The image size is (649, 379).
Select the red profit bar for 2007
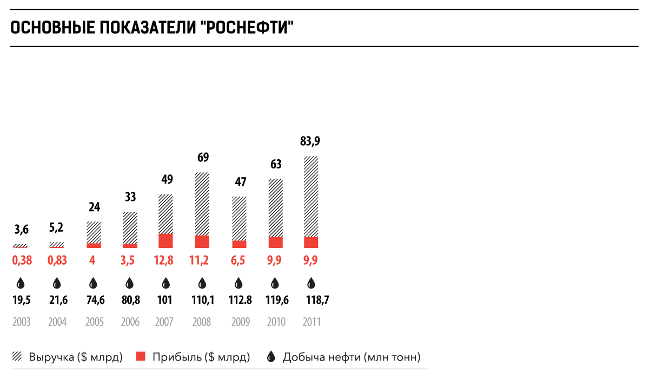(165, 241)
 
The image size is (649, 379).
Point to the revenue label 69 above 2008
(203, 158)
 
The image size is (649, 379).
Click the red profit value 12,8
(165, 260)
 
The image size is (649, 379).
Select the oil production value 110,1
(203, 300)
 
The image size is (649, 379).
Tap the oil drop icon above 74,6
(93, 283)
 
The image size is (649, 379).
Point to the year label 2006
(130, 322)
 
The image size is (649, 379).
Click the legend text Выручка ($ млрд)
(76, 357)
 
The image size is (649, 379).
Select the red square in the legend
(141, 357)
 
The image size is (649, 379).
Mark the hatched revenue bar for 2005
(94, 232)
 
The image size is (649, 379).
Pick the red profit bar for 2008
(202, 242)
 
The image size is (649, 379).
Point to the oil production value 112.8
(239, 300)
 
